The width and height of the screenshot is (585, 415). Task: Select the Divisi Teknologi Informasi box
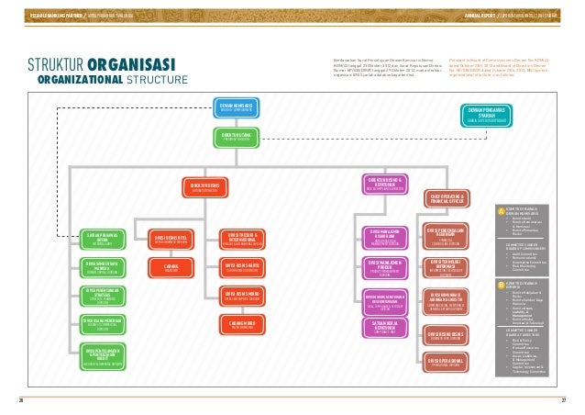tap(448, 267)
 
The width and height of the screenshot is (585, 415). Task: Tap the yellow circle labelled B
tap(500, 285)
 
